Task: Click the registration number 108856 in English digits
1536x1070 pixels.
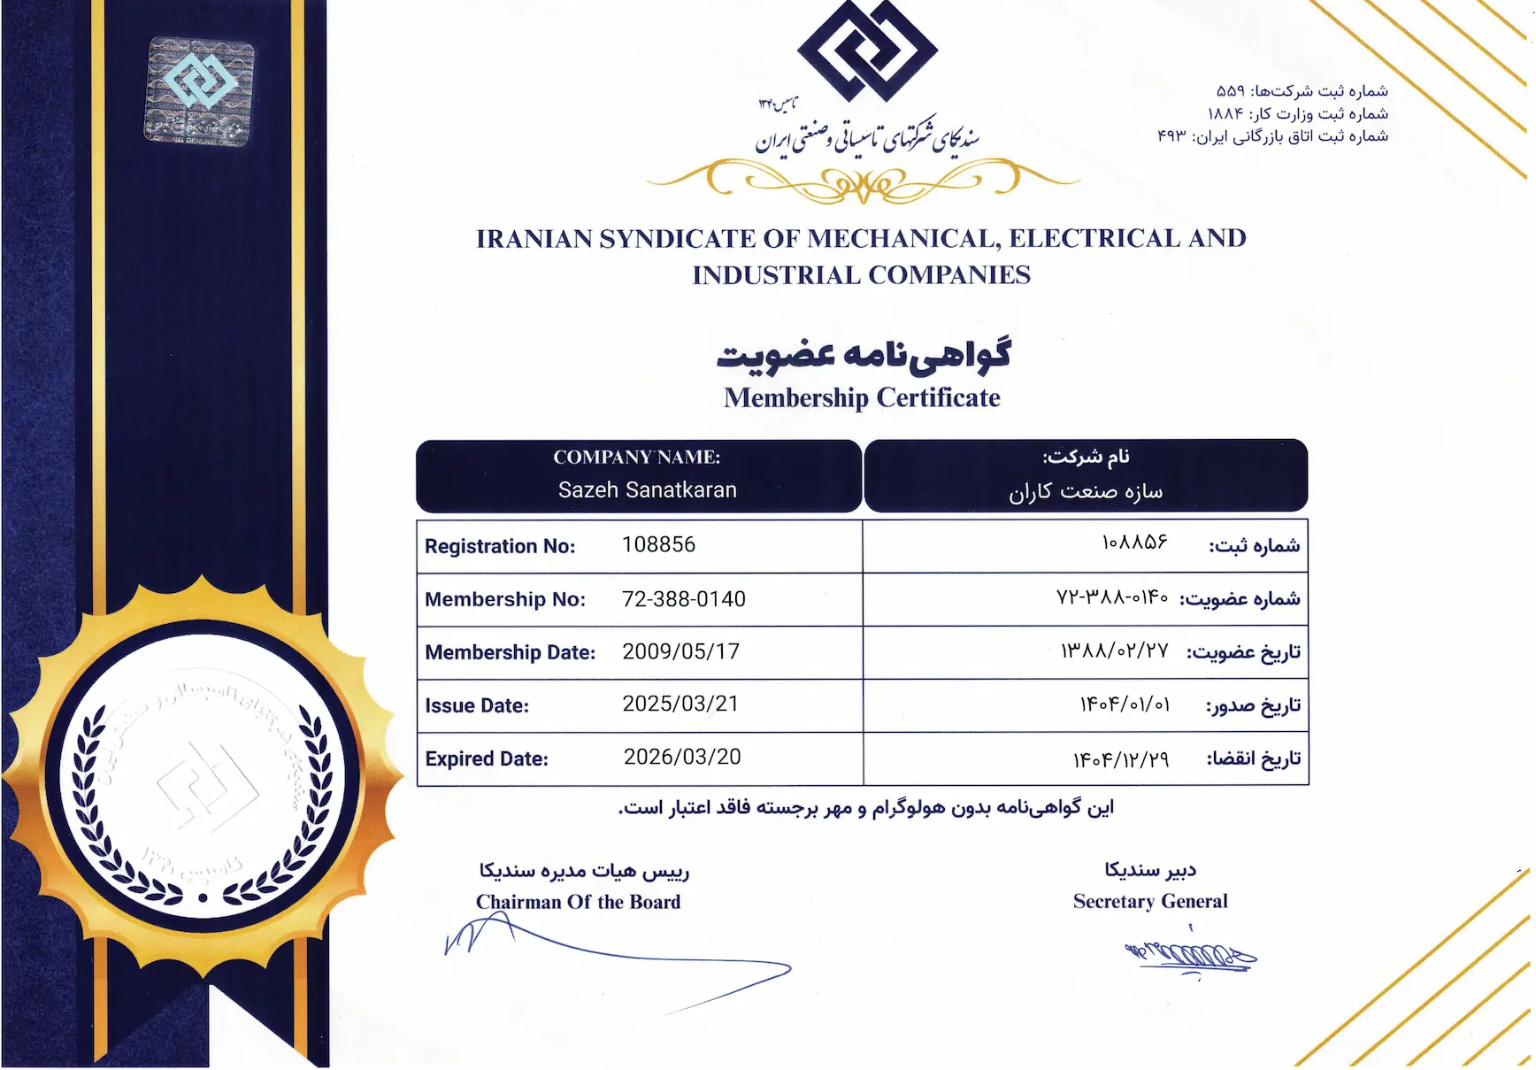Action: [x=658, y=544]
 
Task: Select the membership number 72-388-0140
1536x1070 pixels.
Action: [x=683, y=599]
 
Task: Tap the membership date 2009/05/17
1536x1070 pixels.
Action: [x=680, y=651]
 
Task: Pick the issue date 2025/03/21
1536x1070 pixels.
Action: [x=680, y=704]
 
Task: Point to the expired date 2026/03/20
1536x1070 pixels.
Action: [x=681, y=757]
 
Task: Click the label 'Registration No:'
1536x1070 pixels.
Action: [x=500, y=546]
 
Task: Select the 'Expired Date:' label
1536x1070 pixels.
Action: [x=487, y=758]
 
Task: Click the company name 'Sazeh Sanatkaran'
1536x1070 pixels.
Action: [x=647, y=490]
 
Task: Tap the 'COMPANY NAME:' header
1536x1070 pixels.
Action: [x=636, y=458]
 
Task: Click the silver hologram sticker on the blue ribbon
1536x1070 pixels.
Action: [x=200, y=90]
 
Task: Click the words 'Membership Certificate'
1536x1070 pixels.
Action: [x=862, y=398]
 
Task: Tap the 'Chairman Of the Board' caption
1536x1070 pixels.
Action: [x=578, y=902]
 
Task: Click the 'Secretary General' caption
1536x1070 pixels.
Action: [x=1149, y=901]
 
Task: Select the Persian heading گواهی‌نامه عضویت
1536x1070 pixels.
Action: [x=863, y=354]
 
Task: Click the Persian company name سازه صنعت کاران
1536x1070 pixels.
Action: [x=1086, y=491]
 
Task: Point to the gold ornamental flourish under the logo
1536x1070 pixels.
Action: [x=863, y=181]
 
